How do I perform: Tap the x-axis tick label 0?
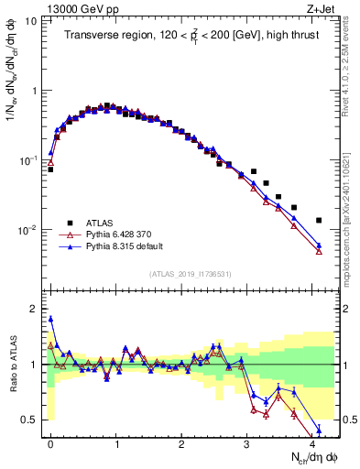[50, 442]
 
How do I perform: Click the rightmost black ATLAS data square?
[319, 221]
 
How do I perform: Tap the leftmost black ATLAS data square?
[50, 169]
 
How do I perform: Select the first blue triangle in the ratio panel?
[50, 320]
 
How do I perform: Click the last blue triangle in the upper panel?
[319, 245]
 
